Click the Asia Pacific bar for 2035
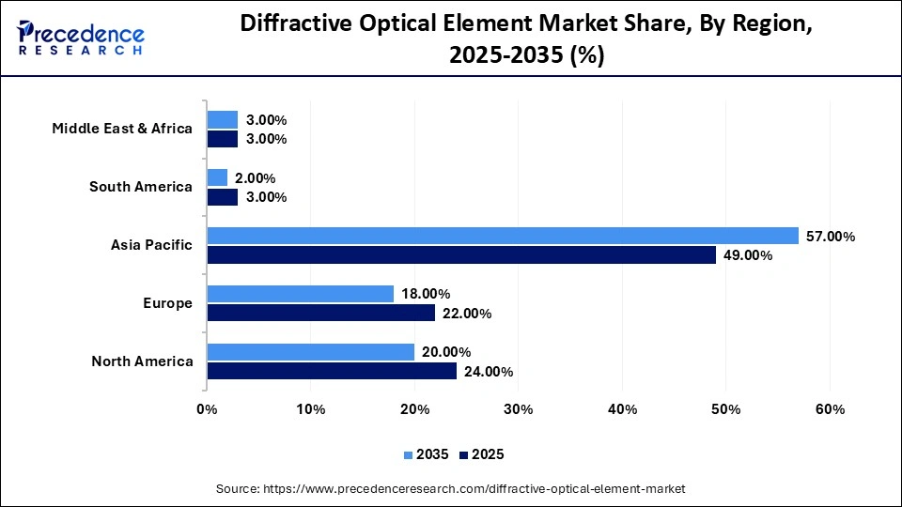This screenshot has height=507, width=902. [x=503, y=236]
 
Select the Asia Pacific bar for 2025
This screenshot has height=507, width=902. [x=461, y=255]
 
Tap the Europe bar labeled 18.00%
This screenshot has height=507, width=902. [x=301, y=294]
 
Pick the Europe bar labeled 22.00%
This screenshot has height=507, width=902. [x=321, y=314]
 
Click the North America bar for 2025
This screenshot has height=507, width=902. [x=332, y=372]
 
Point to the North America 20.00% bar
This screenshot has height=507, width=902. [x=311, y=352]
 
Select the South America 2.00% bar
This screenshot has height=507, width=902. [x=217, y=177]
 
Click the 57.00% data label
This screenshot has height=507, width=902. [x=831, y=237]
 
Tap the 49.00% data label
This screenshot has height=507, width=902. [x=748, y=256]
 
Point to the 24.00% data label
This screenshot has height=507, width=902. [x=489, y=372]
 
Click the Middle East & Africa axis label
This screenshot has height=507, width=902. [x=122, y=129]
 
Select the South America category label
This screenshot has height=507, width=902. [x=141, y=187]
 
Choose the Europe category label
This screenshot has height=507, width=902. [x=168, y=303]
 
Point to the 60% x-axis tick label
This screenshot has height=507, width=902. [x=830, y=409]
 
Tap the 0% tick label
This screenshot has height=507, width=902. [x=207, y=409]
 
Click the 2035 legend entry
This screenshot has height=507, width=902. [x=427, y=454]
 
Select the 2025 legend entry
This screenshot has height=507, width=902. [x=482, y=454]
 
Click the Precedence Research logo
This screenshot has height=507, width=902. [x=81, y=38]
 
